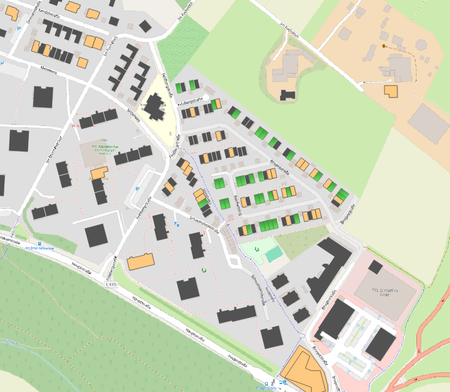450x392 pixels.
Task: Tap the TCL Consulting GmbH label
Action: (385, 293)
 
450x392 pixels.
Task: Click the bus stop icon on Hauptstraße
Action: (40, 244)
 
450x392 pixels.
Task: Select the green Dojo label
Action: (102, 140)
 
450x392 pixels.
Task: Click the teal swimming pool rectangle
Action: (274, 254)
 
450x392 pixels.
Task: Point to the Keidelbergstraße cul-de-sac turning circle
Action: (206, 97)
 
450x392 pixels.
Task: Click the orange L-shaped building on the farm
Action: (391, 91)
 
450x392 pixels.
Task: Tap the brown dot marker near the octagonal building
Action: (384, 46)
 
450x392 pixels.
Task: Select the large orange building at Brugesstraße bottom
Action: (304, 370)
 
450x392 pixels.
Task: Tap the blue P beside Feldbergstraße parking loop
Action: (137, 189)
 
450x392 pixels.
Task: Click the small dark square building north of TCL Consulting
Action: (375, 267)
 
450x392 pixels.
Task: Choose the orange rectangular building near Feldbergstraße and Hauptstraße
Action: (141, 262)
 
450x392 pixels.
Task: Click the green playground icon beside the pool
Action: (257, 249)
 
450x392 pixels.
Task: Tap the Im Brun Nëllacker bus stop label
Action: (39, 248)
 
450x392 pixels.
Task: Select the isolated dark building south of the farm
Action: (288, 95)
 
